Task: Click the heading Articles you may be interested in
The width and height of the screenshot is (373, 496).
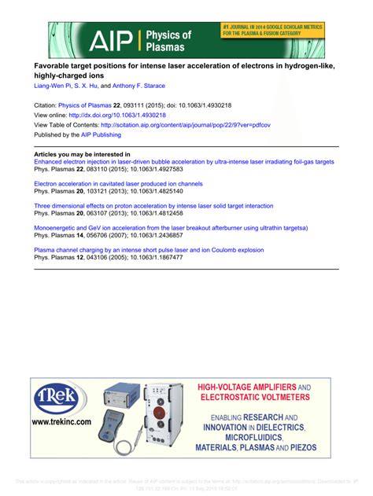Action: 83,154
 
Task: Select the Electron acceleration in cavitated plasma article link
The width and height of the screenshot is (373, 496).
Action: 118,183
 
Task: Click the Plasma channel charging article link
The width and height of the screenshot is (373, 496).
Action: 149,250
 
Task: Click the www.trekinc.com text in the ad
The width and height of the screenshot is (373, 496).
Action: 61,422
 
